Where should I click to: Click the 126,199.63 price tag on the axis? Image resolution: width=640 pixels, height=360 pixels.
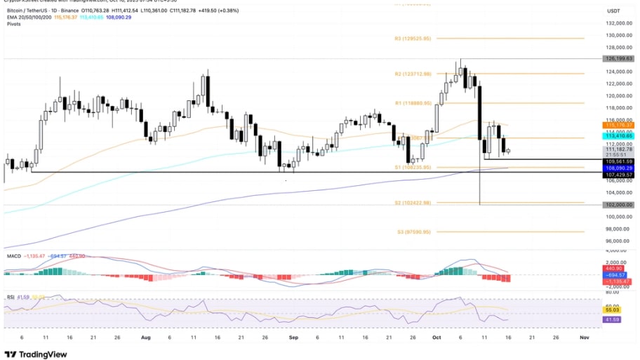pyautogui.click(x=620, y=59)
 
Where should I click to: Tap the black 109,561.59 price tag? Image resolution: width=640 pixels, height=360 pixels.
pyautogui.click(x=620, y=161)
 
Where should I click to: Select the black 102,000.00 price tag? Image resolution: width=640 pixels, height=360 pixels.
pyautogui.click(x=620, y=205)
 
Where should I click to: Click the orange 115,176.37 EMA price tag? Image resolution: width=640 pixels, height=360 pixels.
pyautogui.click(x=620, y=125)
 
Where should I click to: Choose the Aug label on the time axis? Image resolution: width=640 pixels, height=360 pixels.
pyautogui.click(x=145, y=337)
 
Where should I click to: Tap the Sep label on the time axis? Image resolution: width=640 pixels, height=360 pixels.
pyautogui.click(x=293, y=337)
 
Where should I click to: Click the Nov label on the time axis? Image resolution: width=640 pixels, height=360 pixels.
pyautogui.click(x=582, y=337)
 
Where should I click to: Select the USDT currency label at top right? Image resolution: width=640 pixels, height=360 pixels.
pyautogui.click(x=613, y=11)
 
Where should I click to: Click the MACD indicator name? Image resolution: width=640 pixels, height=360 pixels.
pyautogui.click(x=13, y=256)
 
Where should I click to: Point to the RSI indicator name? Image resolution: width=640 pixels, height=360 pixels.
pyautogui.click(x=11, y=297)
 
